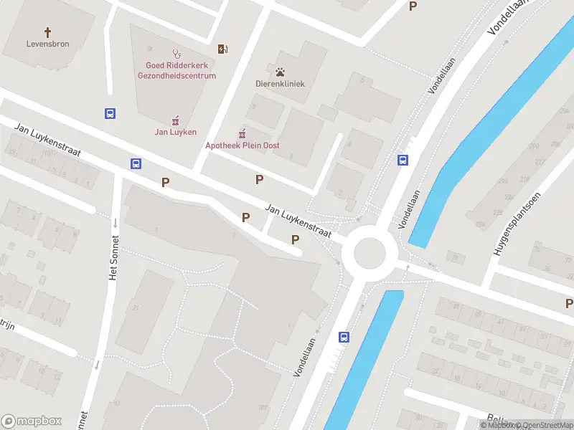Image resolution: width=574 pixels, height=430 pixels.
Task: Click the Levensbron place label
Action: pos(48,44)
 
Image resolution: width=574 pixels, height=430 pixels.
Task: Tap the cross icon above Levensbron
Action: pos(48,32)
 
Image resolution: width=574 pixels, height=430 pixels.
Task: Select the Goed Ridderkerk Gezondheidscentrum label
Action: pos(177,70)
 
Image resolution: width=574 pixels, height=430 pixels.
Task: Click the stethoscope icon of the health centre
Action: pos(176,53)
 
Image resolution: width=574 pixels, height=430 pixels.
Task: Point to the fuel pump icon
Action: pos(223,49)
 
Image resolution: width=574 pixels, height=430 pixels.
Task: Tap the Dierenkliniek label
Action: pos(281,84)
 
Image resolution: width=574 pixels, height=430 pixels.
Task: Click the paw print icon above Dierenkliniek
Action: pos(281,71)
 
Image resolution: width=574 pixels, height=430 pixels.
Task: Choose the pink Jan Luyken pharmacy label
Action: pos(175,132)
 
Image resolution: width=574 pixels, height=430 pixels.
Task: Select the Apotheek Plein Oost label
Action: pos(243,145)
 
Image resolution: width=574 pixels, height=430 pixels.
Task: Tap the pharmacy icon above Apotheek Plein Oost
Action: pos(243,133)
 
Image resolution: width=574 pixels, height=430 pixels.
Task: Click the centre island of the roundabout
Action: pos(369,252)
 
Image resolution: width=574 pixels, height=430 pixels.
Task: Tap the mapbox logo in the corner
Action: pos(32,421)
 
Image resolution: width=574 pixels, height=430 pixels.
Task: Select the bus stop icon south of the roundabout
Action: pos(344,337)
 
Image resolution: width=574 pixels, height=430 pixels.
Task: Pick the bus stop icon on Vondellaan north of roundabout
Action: pos(403,160)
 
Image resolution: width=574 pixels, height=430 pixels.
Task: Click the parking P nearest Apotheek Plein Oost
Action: pos(259,179)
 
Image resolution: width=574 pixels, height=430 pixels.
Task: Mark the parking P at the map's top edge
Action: pos(413,6)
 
